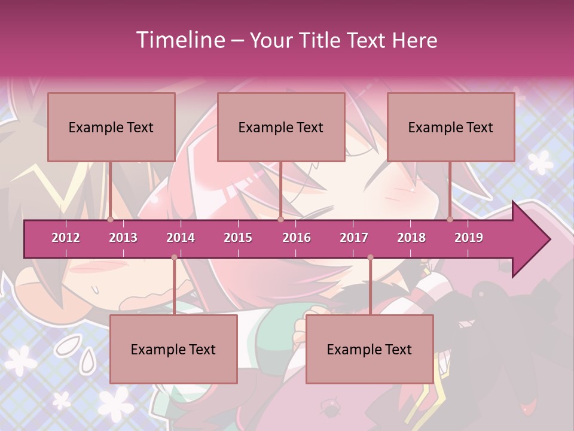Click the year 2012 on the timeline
[x=66, y=238]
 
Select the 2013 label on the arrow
[x=123, y=238]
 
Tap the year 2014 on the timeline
[x=181, y=238]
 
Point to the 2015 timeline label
[x=238, y=238]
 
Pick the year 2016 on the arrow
[x=297, y=238]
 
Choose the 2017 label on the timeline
[x=354, y=238]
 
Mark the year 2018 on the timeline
[x=411, y=238]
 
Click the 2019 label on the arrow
[x=469, y=238]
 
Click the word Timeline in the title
[x=179, y=40]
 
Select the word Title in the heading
[x=322, y=40]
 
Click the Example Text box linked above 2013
[x=111, y=127]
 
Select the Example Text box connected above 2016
[x=281, y=127]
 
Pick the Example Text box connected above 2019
[x=451, y=127]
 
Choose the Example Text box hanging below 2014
[x=173, y=349]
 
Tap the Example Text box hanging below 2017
[x=370, y=349]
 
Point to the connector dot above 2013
[x=111, y=219]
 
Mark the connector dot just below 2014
[x=174, y=257]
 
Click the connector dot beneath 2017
[x=370, y=257]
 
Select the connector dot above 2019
[x=450, y=219]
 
